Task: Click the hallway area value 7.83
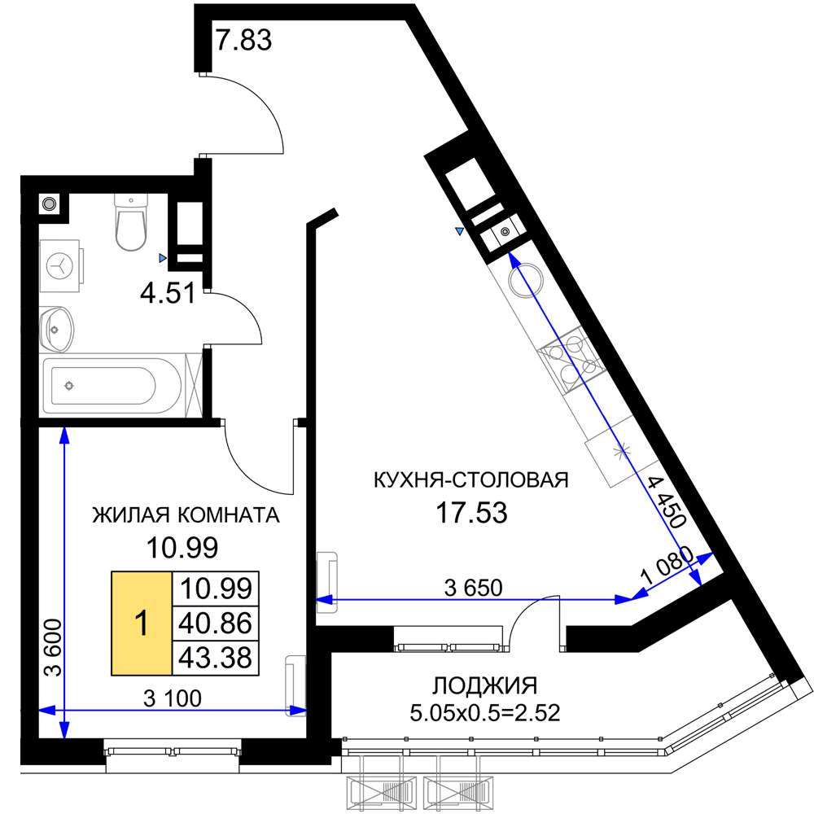[243, 39]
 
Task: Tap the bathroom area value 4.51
[168, 292]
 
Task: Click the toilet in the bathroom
[130, 221]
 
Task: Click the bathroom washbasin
[55, 329]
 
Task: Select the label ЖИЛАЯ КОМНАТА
[186, 515]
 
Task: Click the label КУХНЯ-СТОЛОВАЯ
[469, 479]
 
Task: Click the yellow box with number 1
[142, 624]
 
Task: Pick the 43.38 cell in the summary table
[216, 656]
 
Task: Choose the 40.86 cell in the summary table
[216, 624]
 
